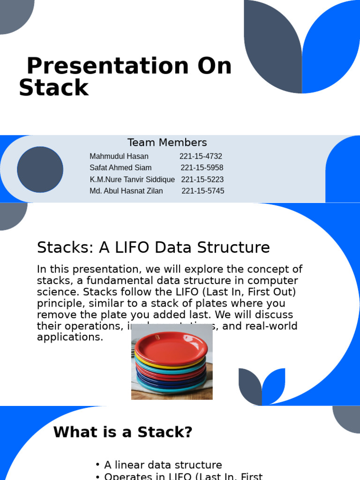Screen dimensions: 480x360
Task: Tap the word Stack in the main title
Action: tap(53, 88)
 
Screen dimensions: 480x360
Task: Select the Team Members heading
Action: tap(167, 142)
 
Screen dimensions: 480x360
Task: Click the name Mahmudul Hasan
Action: tap(119, 157)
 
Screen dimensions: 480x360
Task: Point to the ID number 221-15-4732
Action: tap(201, 157)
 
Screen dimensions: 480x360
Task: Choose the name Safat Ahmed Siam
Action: tap(120, 168)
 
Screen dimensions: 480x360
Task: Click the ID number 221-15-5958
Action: tap(202, 168)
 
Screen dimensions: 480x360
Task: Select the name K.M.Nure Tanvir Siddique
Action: tap(132, 180)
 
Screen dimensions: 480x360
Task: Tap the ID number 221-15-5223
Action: tap(202, 180)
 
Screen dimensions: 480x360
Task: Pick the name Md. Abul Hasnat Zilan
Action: tap(126, 191)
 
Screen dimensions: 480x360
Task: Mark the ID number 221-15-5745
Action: tap(202, 191)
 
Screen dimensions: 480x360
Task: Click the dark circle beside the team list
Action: tap(40, 169)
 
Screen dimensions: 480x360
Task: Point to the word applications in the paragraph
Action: tap(70, 337)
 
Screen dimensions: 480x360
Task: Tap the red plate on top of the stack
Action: tap(172, 347)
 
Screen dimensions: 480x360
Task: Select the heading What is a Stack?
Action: tap(123, 432)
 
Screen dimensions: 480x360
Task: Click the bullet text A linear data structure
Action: tap(163, 465)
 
